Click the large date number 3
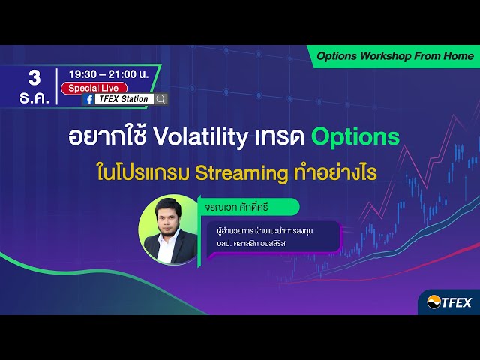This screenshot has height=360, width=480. (x=34, y=77)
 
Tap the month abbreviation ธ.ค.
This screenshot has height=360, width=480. (x=34, y=97)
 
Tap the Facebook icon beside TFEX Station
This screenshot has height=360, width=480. (x=89, y=99)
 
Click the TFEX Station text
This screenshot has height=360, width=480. (x=124, y=99)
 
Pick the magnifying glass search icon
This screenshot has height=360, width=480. (x=161, y=99)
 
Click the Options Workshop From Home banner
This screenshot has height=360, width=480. (x=394, y=56)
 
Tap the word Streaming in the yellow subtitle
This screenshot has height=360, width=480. (x=240, y=173)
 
